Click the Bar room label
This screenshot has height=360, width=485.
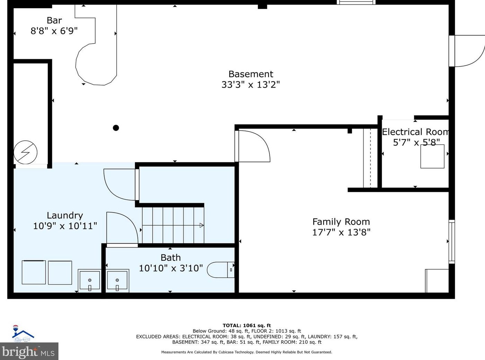click(54, 20)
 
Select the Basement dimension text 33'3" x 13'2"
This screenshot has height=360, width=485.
click(251, 84)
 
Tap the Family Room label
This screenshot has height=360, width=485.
click(341, 222)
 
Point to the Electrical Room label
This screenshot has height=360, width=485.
click(415, 132)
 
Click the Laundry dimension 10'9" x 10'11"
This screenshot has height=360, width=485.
click(65, 226)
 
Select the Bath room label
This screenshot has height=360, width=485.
click(171, 258)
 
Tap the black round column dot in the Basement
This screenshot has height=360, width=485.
click(116, 128)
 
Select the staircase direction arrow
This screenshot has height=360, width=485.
click(201, 225)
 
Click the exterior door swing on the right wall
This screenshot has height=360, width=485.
click(469, 51)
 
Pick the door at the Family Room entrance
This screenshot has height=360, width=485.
click(253, 145)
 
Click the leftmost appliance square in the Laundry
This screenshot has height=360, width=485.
click(34, 272)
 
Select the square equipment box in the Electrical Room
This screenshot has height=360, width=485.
click(432, 156)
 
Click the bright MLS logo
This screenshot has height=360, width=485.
click(29, 351)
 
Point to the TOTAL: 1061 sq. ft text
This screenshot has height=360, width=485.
click(246, 325)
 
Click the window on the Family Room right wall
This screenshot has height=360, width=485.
click(451, 241)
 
